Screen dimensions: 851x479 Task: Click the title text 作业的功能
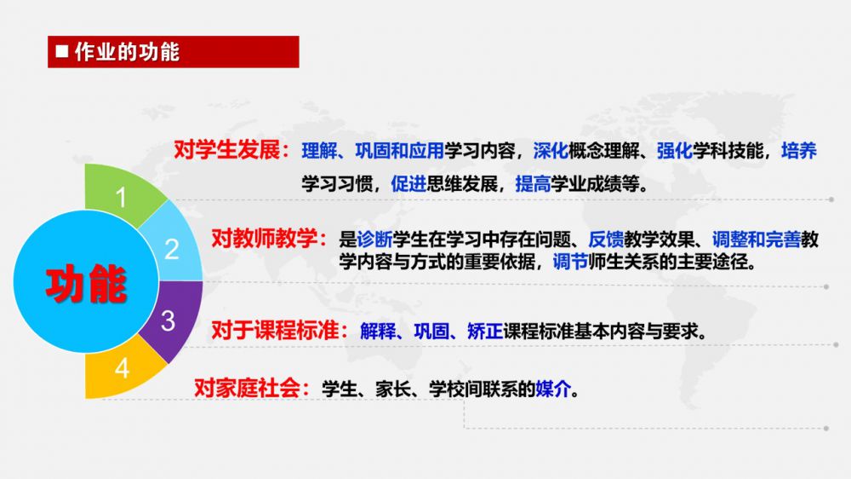click(127, 52)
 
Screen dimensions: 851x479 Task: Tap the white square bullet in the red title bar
click(62, 51)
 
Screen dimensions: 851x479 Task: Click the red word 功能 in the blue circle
click(86, 283)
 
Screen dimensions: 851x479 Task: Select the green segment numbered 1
click(122, 193)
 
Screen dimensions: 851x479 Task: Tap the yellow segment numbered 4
click(122, 370)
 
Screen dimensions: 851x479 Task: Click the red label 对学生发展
click(226, 150)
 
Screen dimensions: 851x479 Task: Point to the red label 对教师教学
click(264, 238)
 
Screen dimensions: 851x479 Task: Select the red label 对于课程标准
click(275, 330)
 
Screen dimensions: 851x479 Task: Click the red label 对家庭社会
click(247, 388)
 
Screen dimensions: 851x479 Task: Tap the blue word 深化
click(551, 151)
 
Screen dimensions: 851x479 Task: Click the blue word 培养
click(799, 151)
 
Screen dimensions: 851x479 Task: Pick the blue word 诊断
click(374, 239)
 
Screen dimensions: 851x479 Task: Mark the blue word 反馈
click(606, 239)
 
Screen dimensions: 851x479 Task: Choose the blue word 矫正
click(485, 331)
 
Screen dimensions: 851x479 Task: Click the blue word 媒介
click(553, 389)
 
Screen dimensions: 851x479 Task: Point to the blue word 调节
click(570, 262)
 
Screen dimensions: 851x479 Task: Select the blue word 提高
click(533, 184)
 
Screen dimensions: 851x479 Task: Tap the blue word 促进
click(408, 184)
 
